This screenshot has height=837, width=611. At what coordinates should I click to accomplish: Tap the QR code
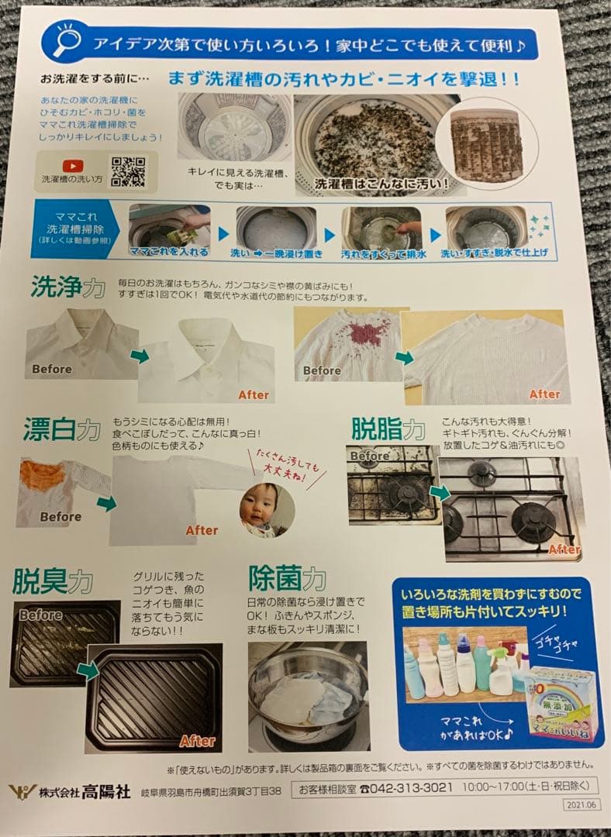128,171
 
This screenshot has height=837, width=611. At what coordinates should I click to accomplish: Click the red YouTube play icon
73,164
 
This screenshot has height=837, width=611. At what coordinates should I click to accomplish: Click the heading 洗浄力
67,288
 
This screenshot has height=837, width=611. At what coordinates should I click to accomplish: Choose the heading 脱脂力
388,429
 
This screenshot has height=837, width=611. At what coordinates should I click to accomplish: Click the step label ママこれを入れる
158,252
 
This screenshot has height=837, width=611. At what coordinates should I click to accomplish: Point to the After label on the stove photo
564,549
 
